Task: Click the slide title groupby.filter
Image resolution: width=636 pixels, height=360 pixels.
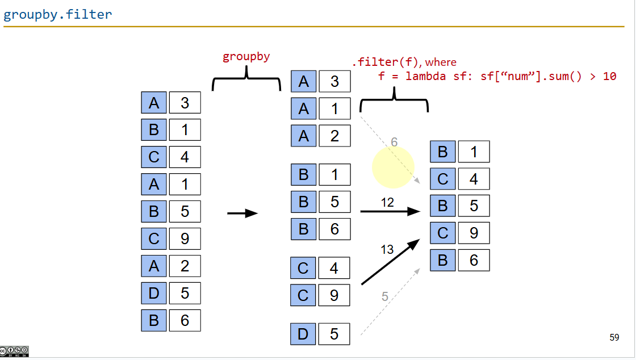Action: click(x=57, y=14)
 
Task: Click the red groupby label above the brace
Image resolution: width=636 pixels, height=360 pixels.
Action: click(x=246, y=56)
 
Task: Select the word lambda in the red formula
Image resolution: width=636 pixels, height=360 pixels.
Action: click(x=424, y=76)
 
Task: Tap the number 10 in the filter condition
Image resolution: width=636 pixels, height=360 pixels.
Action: click(x=609, y=76)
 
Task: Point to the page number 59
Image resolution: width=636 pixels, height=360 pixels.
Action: click(x=614, y=338)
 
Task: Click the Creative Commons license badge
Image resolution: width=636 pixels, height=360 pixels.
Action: click(x=14, y=351)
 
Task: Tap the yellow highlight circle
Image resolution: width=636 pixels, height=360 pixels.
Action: click(x=393, y=168)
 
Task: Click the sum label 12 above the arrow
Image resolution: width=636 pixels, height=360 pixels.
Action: click(x=387, y=203)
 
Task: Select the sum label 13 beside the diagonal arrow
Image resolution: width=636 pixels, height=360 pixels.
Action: click(x=387, y=249)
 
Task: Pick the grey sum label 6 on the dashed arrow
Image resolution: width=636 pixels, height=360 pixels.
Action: click(x=394, y=143)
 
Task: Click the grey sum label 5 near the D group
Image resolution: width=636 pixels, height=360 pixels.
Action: click(x=385, y=296)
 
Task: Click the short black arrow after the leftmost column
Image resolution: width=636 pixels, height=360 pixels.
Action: click(x=242, y=214)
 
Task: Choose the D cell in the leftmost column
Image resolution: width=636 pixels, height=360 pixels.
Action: click(x=153, y=294)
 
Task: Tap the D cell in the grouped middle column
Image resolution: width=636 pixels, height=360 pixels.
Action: click(x=303, y=334)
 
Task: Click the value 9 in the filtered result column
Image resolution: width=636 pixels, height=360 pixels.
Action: click(x=474, y=233)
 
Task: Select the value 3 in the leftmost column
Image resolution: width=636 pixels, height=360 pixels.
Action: click(x=185, y=103)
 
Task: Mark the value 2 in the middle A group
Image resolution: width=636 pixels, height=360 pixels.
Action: click(x=334, y=136)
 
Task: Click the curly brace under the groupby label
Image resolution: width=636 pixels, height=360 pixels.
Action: click(x=246, y=79)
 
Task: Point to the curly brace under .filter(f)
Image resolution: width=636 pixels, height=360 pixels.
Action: click(x=394, y=100)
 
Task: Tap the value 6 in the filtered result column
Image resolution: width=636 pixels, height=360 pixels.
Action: click(x=474, y=260)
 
